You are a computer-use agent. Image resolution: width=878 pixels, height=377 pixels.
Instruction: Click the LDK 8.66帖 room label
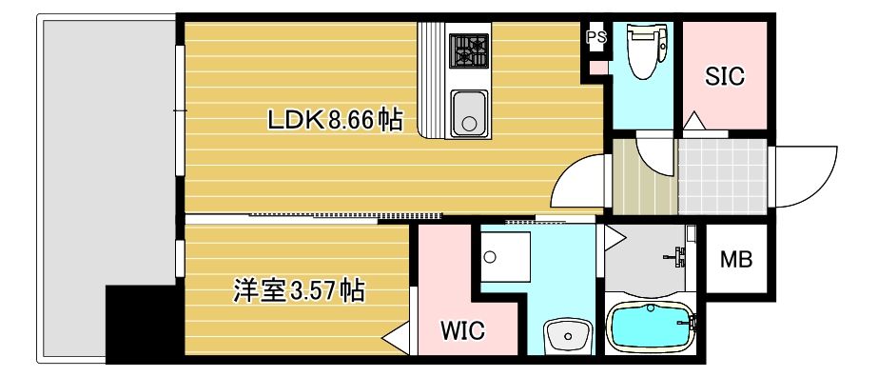coord(335,119)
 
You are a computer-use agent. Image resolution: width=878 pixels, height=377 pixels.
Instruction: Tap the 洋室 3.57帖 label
coord(299,292)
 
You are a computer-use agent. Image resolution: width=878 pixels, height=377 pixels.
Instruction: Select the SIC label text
coord(725,76)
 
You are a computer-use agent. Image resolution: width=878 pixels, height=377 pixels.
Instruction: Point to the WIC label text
coord(462,331)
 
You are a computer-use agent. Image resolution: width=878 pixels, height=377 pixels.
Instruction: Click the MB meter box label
coord(735,259)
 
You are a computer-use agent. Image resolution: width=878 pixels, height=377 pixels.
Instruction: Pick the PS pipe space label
coord(596,37)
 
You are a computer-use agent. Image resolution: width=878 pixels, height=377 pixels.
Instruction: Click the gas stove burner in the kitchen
coord(469,50)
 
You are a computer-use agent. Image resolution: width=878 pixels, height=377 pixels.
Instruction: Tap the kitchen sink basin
coord(469,113)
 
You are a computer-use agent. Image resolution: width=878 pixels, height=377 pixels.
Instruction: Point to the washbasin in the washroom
coord(568,336)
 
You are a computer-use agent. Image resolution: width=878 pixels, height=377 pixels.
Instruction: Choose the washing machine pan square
coord(504,256)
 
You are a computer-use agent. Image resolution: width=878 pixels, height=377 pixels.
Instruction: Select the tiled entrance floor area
coord(723,176)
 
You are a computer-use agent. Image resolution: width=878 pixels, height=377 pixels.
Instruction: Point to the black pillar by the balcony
coord(140,324)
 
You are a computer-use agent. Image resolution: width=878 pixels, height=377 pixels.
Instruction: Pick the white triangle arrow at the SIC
coord(693,121)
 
